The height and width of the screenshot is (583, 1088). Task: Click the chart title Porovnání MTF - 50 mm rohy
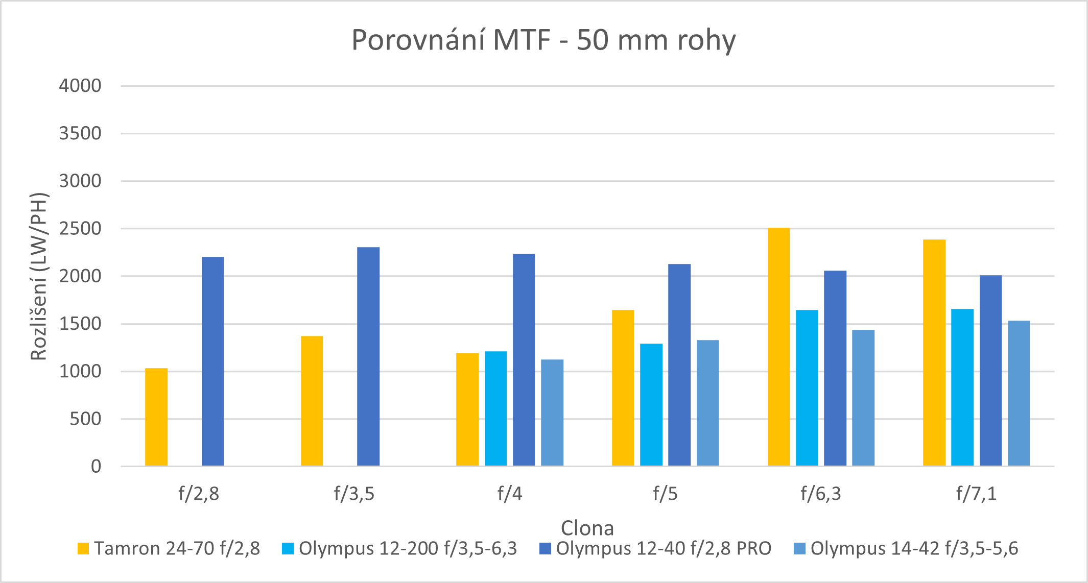tap(543, 40)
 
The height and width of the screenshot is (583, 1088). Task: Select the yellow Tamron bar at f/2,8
tap(156, 417)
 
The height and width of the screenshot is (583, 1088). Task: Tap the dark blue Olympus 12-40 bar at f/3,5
tap(368, 356)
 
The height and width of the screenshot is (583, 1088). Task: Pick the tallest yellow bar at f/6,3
tap(778, 347)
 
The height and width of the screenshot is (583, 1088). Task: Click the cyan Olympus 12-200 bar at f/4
tap(495, 408)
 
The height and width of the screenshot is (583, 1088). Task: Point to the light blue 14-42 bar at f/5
tap(707, 403)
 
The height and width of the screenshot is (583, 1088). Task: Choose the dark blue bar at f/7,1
tap(990, 370)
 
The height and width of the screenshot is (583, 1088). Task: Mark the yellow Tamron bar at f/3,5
tap(312, 401)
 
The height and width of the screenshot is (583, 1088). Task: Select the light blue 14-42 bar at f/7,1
tap(1019, 393)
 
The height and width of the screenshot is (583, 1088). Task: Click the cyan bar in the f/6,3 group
tap(807, 387)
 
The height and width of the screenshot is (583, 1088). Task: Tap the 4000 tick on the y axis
tap(80, 86)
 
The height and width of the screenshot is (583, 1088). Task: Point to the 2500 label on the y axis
tap(80, 229)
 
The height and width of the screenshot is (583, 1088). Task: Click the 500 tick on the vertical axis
tap(85, 419)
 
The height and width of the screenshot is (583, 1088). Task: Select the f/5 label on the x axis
tap(665, 494)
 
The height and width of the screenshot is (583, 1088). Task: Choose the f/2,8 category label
tap(199, 494)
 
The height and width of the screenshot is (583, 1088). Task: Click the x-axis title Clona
tap(587, 528)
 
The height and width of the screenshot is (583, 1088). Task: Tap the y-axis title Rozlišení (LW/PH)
tap(39, 276)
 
